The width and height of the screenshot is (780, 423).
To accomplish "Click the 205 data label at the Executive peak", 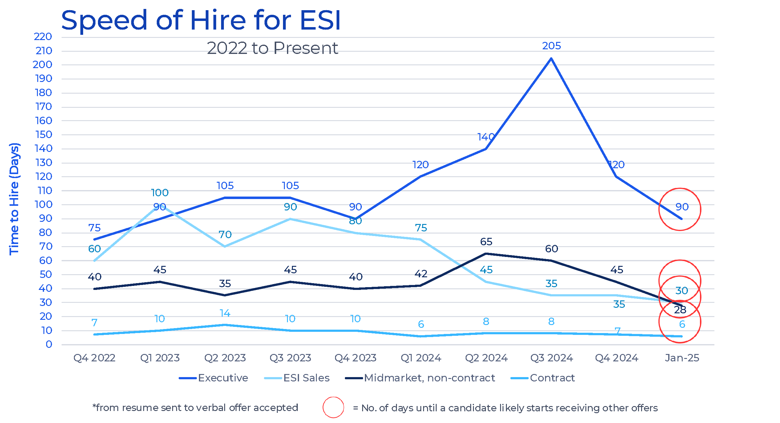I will (x=551, y=46).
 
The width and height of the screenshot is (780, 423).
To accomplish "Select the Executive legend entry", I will (x=223, y=378).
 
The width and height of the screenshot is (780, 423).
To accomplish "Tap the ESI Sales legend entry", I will (x=306, y=378).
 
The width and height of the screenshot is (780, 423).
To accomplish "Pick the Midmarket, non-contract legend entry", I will (x=429, y=378).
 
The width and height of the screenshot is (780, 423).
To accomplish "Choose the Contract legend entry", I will (x=552, y=378).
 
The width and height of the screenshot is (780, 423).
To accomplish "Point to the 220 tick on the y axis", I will (x=43, y=37).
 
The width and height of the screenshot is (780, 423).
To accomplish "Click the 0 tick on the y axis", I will (x=49, y=344).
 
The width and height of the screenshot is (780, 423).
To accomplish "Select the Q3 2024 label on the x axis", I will (x=551, y=358).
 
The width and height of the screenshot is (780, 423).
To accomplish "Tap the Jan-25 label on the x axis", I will (x=682, y=358).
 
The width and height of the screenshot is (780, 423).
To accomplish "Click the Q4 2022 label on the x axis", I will (x=94, y=358).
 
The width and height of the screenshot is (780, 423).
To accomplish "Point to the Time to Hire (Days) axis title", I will (x=14, y=199).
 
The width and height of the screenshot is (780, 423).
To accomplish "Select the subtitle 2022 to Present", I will (x=272, y=48).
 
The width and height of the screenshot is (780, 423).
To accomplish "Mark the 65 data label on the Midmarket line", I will (x=486, y=242).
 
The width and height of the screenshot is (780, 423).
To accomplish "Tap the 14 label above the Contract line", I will (x=225, y=313).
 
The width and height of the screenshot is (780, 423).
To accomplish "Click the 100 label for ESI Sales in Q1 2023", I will (x=160, y=193).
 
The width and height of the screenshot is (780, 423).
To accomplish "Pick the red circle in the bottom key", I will (x=333, y=407).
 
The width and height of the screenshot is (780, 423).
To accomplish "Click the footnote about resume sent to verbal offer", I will (x=195, y=408).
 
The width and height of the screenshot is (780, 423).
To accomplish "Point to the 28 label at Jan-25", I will (x=680, y=310).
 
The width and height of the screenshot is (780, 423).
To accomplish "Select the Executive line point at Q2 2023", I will (x=225, y=198).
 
